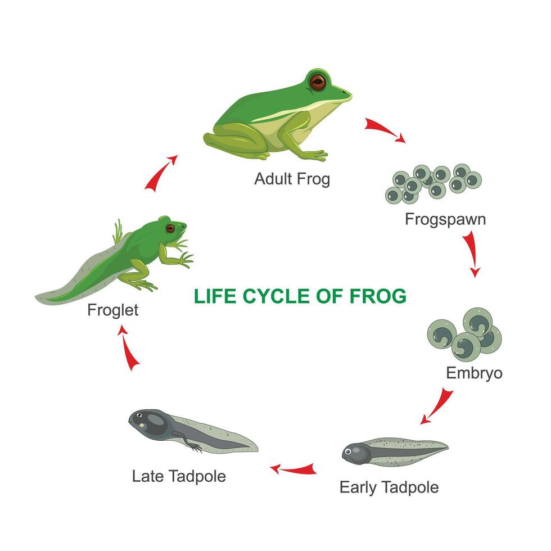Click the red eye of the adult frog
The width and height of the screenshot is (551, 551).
click(x=318, y=82)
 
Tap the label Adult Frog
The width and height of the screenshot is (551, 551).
click(x=292, y=179)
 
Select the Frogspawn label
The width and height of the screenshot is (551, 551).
click(x=445, y=219)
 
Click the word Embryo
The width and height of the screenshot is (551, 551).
click(x=474, y=373)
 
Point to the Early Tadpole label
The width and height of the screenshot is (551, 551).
click(x=389, y=487)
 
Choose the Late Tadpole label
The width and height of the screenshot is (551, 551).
click(x=179, y=476)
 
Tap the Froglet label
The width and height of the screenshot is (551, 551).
click(x=112, y=310)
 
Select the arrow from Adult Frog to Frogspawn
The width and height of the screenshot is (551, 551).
click(x=384, y=130)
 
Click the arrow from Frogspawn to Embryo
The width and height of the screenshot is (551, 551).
click(x=472, y=255)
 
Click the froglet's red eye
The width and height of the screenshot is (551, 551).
click(x=170, y=228)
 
